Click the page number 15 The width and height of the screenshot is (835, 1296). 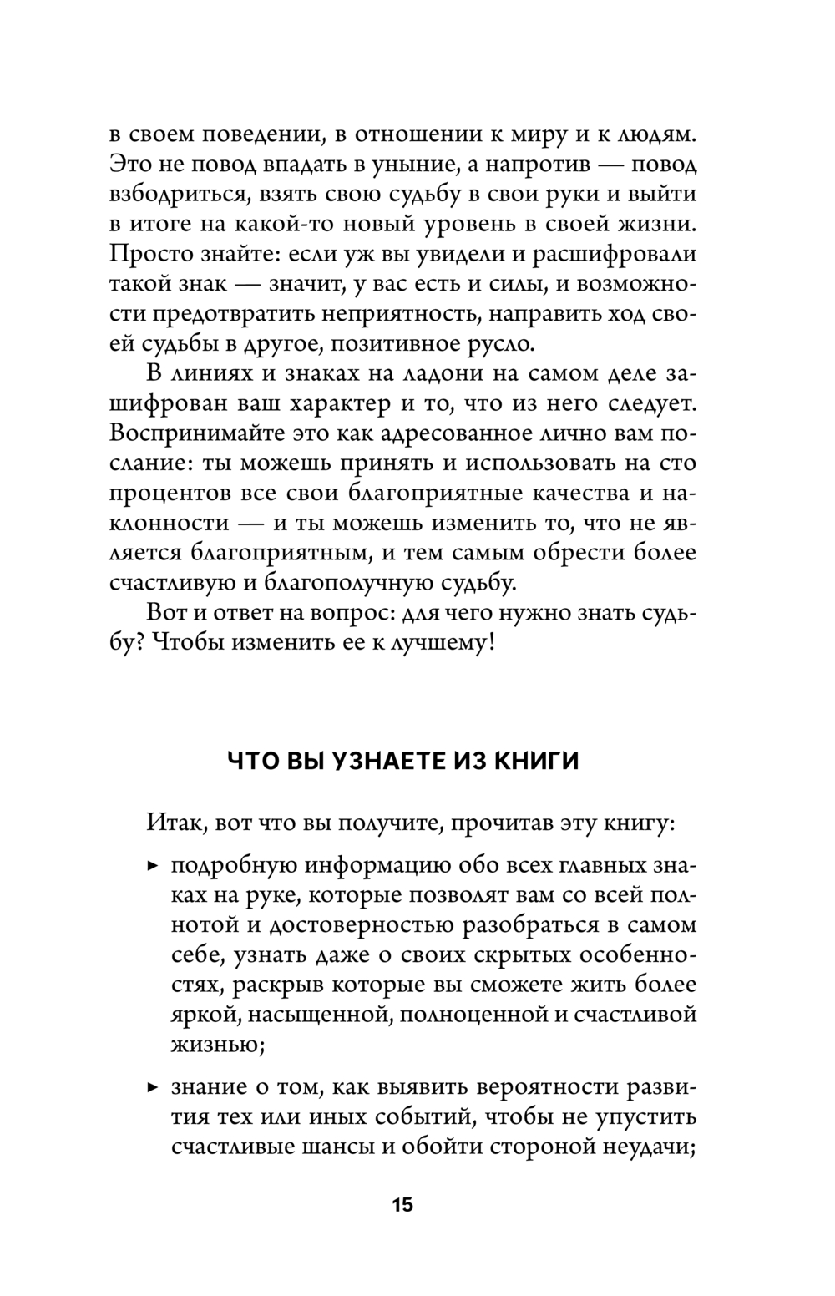coord(402,1205)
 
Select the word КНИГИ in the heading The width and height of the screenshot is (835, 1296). coord(534,762)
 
